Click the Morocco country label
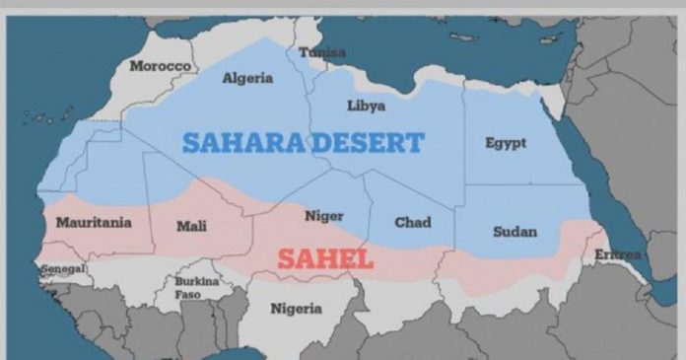pos(160,65)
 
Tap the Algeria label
pos(247,78)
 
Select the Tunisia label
pos(322,51)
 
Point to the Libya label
pos(366,106)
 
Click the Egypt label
pos(505,143)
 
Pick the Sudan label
pos(514,232)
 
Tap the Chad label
pos(412,222)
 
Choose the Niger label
pos(323,216)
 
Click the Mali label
pos(191,226)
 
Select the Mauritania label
pos(94,222)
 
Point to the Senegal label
pos(63,268)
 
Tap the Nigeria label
pos(296,309)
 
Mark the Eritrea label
pos(618,254)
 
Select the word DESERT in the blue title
pos(367,143)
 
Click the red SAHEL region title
pos(324,259)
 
